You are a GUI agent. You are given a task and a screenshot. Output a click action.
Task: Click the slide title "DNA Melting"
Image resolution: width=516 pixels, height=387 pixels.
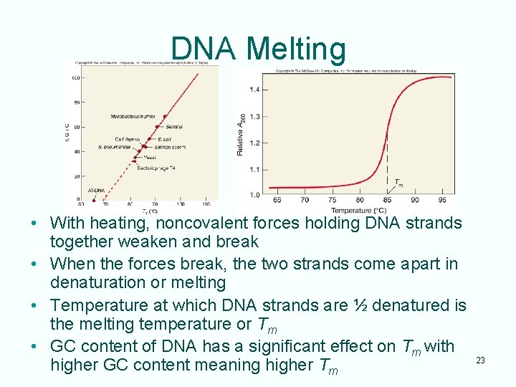pyautogui.click(x=258, y=49)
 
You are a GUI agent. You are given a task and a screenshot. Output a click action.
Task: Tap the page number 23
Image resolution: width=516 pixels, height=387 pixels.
pyautogui.click(x=480, y=360)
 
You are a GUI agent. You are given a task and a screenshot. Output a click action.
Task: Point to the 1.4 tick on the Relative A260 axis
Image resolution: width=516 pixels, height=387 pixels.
pyautogui.click(x=254, y=90)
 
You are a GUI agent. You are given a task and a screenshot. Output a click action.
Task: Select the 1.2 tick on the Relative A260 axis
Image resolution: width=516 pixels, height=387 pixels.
pyautogui.click(x=254, y=143)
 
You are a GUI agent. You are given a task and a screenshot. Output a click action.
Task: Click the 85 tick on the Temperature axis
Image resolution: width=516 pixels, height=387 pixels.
pyautogui.click(x=388, y=201)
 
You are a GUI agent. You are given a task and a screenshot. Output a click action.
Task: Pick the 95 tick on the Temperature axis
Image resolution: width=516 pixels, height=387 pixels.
pyautogui.click(x=442, y=201)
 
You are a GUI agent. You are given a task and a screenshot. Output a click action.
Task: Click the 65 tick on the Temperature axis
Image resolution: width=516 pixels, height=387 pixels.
pyautogui.click(x=277, y=201)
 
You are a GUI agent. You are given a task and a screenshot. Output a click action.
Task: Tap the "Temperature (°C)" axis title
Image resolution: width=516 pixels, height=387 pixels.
pyautogui.click(x=359, y=210)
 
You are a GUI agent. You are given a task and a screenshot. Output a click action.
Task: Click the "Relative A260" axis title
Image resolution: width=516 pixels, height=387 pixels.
pyautogui.click(x=242, y=135)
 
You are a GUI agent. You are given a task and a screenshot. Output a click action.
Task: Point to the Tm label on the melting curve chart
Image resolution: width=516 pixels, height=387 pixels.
pyautogui.click(x=398, y=183)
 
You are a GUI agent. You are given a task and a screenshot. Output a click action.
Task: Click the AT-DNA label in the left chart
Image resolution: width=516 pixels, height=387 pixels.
pyautogui.click(x=96, y=191)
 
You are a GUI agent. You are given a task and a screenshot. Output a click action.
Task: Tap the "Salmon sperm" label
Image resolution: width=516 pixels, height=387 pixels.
pyautogui.click(x=170, y=146)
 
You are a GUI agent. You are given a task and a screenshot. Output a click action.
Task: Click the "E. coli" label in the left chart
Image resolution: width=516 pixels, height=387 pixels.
pyautogui.click(x=163, y=138)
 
